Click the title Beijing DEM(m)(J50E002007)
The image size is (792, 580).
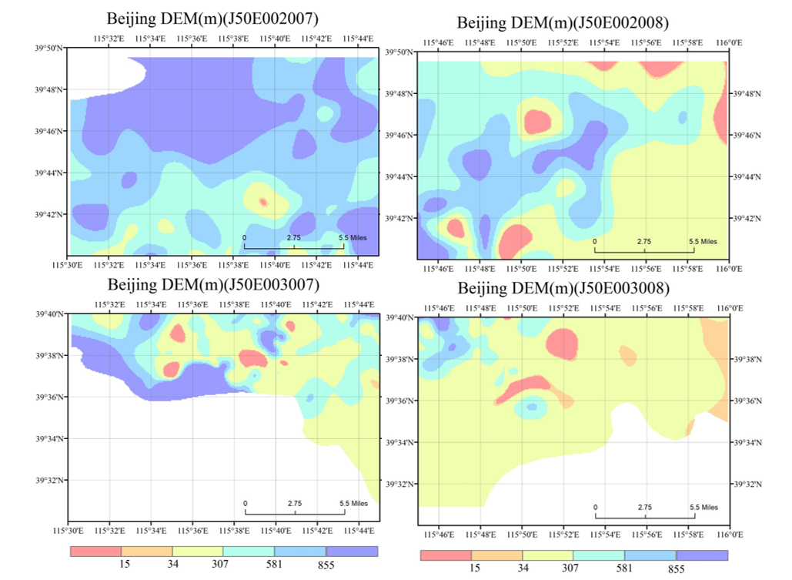(212, 18)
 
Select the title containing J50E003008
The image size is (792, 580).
(563, 288)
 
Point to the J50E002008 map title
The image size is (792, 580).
(563, 23)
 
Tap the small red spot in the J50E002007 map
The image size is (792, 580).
(263, 203)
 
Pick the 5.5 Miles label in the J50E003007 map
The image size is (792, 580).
(353, 503)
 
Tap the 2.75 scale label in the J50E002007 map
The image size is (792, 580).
(293, 237)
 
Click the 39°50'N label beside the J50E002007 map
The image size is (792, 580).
(50, 49)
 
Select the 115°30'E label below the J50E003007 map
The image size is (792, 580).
(67, 531)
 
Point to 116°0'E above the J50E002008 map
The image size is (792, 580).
(729, 43)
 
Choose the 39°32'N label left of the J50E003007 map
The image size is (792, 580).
(50, 481)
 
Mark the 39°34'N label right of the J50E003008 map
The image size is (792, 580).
(747, 442)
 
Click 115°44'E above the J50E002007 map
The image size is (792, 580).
(358, 39)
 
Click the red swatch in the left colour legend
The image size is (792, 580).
(96, 552)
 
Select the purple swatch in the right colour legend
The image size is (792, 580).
(702, 555)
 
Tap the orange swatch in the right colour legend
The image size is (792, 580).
(496, 555)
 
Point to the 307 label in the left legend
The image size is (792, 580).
(219, 564)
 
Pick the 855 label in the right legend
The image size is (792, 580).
(677, 569)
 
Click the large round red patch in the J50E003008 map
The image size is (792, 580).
(562, 344)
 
